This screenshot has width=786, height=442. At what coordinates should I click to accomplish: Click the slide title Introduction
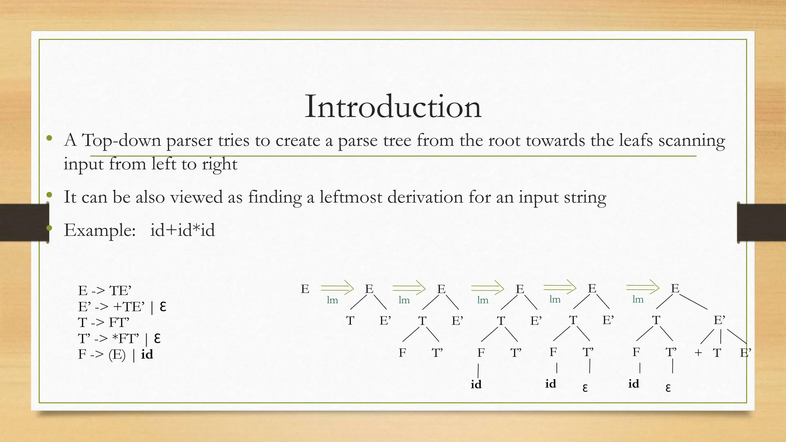point(393,107)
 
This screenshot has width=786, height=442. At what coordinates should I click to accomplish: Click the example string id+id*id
point(182,230)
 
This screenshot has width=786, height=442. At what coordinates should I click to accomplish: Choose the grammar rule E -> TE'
point(105,290)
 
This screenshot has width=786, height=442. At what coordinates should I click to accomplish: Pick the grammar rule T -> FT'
point(104,322)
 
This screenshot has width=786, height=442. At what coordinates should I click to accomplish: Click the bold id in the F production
point(147,354)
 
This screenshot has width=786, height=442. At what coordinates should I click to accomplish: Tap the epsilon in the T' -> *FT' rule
point(157,338)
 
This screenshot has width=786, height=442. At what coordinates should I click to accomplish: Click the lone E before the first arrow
point(305,289)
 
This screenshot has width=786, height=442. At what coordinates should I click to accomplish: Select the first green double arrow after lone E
point(337,287)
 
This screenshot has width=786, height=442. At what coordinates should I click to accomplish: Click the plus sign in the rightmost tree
point(698,353)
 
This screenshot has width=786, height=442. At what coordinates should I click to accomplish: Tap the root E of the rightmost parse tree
point(675,288)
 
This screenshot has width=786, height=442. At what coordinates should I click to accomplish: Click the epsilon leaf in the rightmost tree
point(668,388)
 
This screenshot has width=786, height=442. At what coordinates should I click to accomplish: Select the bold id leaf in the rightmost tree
point(634,384)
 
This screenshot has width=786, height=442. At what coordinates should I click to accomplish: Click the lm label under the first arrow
point(332,300)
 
